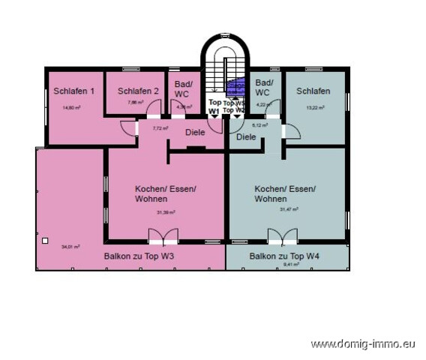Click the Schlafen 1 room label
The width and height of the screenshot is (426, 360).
pyautogui.click(x=74, y=91)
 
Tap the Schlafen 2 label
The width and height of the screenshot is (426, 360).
pyautogui.click(x=138, y=91)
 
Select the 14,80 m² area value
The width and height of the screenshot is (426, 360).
pyautogui.click(x=73, y=107)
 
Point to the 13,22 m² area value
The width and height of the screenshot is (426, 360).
pyautogui.click(x=313, y=107)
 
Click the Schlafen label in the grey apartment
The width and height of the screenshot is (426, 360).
pyautogui.click(x=313, y=91)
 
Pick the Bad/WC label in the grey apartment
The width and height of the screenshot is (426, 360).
pyautogui.click(x=264, y=89)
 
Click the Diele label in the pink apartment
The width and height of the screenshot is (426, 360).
pyautogui.click(x=195, y=133)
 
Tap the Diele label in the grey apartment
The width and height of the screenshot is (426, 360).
pyautogui.click(x=246, y=137)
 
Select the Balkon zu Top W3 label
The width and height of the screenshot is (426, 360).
pyautogui.click(x=138, y=256)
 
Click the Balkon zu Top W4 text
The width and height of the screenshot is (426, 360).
pyautogui.click(x=285, y=256)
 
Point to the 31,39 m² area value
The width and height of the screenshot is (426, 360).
pyautogui.click(x=165, y=212)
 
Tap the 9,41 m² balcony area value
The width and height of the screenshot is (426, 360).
pyautogui.click(x=287, y=265)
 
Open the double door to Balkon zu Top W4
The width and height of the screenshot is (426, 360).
pyautogui.click(x=282, y=237)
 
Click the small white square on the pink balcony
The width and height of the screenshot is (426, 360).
pyautogui.click(x=45, y=241)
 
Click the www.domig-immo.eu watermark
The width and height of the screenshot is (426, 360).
pyautogui.click(x=363, y=344)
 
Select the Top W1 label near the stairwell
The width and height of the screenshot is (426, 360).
pyautogui.click(x=214, y=106)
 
